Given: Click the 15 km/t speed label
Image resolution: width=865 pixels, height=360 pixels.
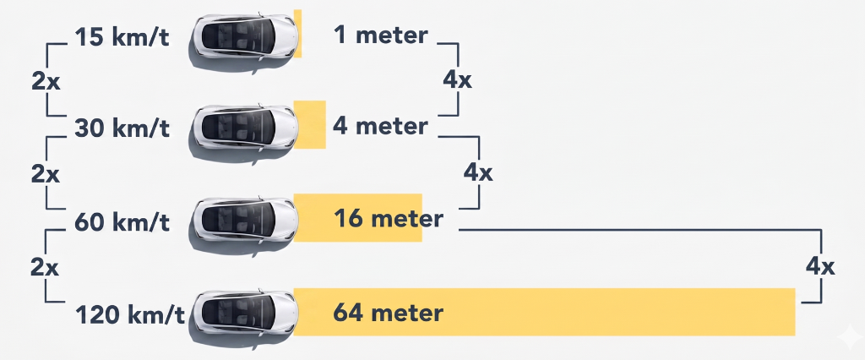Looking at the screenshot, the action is coord(122,37).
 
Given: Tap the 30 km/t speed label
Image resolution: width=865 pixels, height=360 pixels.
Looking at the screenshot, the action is coord(122,128).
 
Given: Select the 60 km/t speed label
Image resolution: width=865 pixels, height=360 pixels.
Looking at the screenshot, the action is coord(122,222).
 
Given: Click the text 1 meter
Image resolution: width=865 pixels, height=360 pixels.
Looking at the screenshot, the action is coord(381,35).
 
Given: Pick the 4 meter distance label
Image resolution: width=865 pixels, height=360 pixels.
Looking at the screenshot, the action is coord(380,127).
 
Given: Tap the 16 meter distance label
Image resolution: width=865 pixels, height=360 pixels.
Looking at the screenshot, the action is coord(389,219).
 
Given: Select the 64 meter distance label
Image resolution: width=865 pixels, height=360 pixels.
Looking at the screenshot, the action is coord(389,313).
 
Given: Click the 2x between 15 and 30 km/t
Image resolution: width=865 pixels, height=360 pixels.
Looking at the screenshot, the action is coord(46,82).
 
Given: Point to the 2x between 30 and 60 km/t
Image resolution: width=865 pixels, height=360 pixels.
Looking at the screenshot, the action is coord(46,174).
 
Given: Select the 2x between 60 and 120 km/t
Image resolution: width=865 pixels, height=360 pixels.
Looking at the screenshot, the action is coord(46,268).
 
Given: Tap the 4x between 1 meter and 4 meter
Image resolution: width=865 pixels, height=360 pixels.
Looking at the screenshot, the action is coord(457,80).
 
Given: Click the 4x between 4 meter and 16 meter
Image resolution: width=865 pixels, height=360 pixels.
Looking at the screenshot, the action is coord(478,173).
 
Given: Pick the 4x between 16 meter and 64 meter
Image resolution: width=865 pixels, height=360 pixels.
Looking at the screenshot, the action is coord(820,267).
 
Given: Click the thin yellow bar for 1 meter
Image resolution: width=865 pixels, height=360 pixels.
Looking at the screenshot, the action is coord(297,33).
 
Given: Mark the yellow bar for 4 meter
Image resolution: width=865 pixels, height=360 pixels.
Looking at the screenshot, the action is coord(309,124).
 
